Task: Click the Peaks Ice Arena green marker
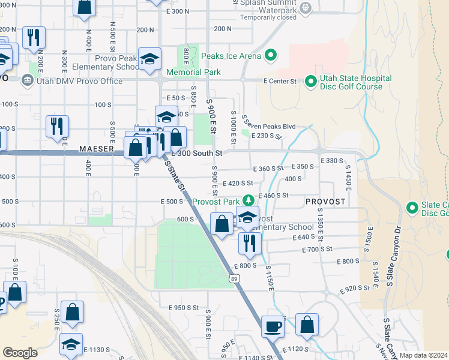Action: (x=270, y=56)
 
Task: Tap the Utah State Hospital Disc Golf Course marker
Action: (x=311, y=80)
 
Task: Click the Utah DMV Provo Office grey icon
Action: (x=26, y=80)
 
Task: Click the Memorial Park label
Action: (x=185, y=73)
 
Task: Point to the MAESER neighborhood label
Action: (x=97, y=148)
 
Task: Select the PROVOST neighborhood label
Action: (x=325, y=202)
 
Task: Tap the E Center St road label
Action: (x=280, y=81)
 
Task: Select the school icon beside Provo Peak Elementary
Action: (x=149, y=59)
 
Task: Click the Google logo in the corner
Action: (x=20, y=353)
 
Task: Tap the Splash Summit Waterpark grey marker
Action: (x=306, y=7)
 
